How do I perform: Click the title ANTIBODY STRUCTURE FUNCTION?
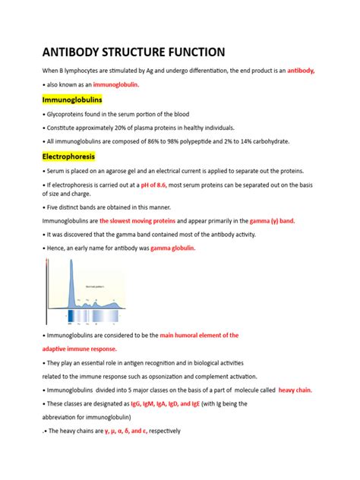pos(133,52)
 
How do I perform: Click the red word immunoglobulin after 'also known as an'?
pos(115,85)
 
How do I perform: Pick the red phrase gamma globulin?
pos(173,248)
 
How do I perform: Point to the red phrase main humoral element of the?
pos(199,335)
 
